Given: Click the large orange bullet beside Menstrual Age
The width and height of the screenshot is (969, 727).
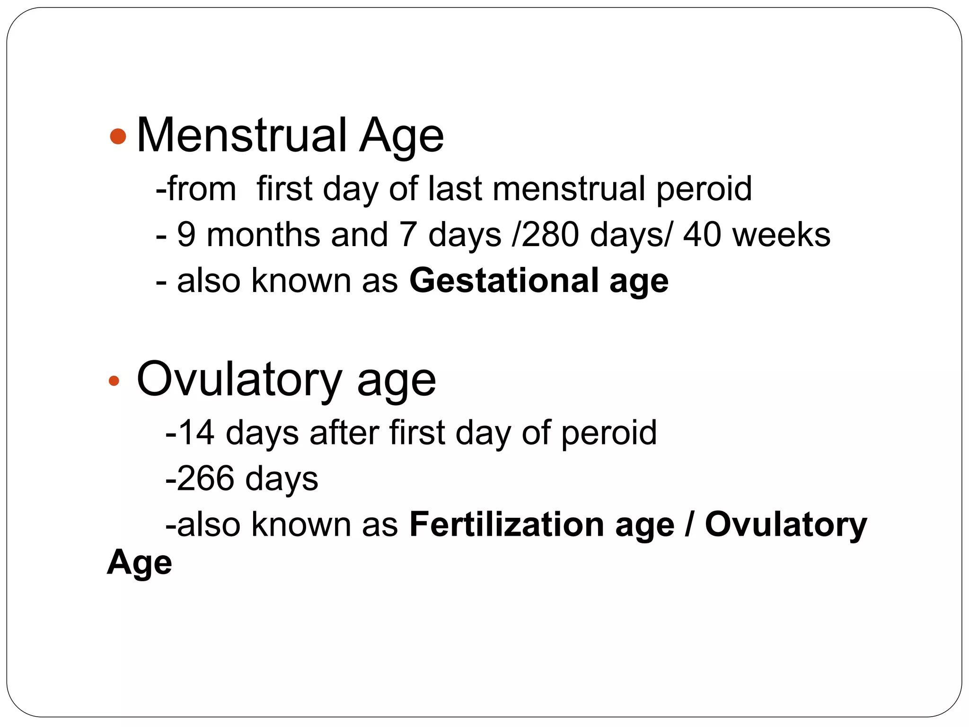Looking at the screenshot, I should [118, 136].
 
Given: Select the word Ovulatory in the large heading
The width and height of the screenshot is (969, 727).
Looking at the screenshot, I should [239, 380].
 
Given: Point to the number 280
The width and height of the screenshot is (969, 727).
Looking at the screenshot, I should [550, 235].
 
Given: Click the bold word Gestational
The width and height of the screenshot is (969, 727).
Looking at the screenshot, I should [504, 281].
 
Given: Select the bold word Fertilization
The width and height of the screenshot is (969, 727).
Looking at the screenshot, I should [506, 524].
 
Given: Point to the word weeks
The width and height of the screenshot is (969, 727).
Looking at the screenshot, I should [781, 235].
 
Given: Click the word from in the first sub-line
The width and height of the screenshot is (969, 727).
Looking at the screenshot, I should [201, 189].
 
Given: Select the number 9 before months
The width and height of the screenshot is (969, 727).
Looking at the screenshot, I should [186, 235].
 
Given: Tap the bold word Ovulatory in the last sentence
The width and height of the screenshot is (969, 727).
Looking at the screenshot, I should [786, 525].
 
